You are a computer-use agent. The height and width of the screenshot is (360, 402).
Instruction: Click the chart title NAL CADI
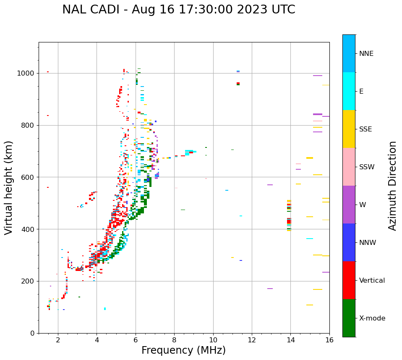(x=178, y=10)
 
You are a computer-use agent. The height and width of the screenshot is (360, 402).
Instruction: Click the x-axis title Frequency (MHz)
(x=183, y=350)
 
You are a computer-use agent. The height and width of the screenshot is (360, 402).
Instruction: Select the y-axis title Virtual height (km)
(x=9, y=187)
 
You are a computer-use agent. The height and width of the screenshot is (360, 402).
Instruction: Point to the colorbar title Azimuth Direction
(x=392, y=186)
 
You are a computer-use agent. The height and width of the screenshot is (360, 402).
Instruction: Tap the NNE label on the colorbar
(x=366, y=54)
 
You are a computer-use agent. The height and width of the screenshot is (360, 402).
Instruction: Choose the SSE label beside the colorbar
(x=365, y=129)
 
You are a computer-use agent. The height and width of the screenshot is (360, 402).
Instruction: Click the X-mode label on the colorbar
(x=372, y=318)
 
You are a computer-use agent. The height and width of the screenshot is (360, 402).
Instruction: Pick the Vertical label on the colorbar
(x=372, y=281)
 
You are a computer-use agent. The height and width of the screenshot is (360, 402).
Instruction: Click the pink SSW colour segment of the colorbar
(x=349, y=167)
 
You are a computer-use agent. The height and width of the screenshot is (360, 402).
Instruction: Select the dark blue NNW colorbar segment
(x=349, y=242)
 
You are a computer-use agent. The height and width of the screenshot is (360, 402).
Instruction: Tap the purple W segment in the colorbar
(x=349, y=205)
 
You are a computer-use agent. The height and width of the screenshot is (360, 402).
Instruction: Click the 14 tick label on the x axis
(x=290, y=340)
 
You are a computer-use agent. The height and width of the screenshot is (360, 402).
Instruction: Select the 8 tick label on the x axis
(x=174, y=340)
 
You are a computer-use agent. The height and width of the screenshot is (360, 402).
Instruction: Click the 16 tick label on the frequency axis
(x=329, y=340)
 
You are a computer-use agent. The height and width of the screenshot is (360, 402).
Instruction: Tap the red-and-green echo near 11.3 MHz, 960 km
(x=238, y=84)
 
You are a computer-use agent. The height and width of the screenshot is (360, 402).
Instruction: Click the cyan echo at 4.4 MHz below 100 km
(x=105, y=309)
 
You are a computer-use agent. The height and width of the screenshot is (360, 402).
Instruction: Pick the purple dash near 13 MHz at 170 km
(x=270, y=289)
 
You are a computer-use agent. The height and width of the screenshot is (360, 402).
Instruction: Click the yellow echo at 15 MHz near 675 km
(x=310, y=158)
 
